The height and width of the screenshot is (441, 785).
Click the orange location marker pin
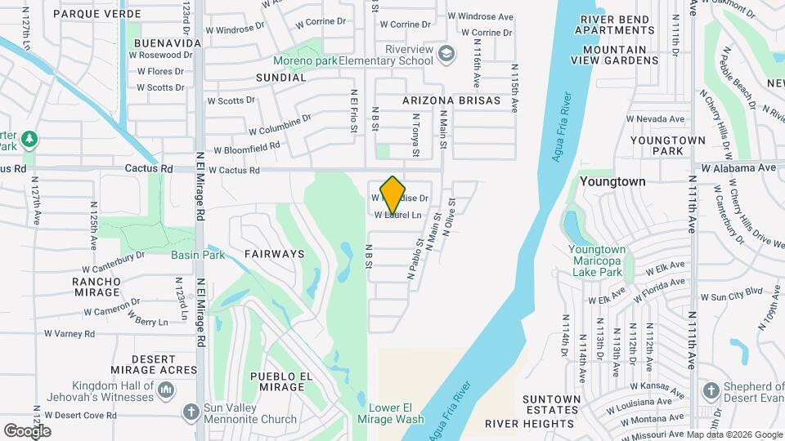point(393,194)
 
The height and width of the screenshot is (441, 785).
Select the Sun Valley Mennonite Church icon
point(191,411)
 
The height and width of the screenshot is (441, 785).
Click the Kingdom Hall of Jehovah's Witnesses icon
point(168,390)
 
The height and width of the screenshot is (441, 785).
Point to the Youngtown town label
point(612,181)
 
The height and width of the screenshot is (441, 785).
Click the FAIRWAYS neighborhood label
point(274,254)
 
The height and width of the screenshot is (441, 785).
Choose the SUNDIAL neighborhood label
point(280,78)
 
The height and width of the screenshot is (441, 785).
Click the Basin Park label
point(198,255)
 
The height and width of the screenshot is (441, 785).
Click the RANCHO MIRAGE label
point(96,287)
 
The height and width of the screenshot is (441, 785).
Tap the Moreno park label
point(305,61)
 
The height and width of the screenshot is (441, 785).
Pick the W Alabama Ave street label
point(738,167)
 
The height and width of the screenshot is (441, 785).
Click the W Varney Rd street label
point(70,333)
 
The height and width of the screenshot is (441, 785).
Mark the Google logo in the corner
point(27,430)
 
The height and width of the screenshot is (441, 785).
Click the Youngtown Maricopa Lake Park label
point(596,261)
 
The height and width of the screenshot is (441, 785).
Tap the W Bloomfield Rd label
point(246,149)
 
